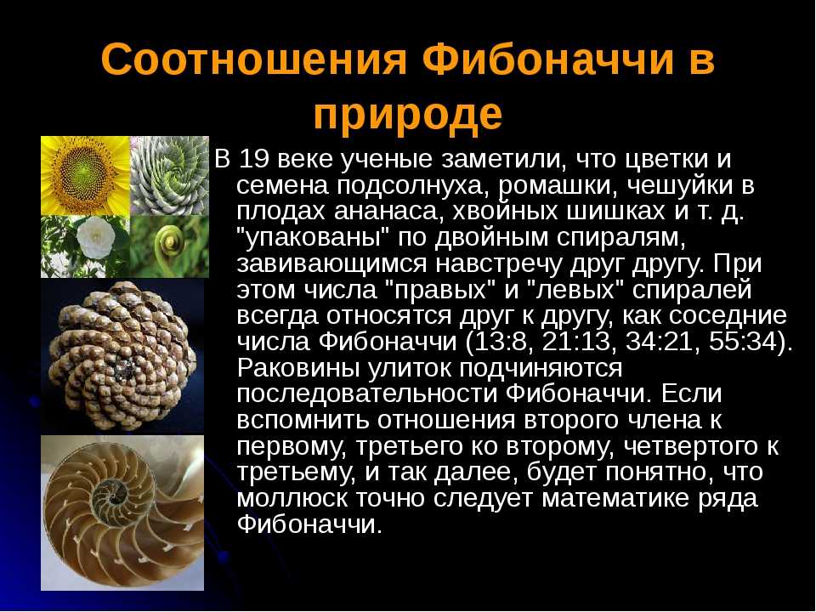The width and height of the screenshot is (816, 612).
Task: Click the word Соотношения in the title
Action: (x=253, y=59)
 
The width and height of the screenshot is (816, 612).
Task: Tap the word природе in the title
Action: (x=408, y=116)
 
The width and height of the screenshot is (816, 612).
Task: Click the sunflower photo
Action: (x=85, y=176)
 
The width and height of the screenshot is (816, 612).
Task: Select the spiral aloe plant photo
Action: (x=169, y=176)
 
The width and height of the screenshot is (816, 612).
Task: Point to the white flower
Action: (x=96, y=237)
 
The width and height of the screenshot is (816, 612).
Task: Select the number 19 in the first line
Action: (x=253, y=159)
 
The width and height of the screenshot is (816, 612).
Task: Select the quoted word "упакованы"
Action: (x=314, y=238)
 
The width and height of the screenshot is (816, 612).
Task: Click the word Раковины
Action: (x=298, y=368)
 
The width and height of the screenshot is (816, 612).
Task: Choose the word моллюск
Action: (x=292, y=498)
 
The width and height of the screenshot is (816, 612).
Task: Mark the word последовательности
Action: (x=367, y=394)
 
